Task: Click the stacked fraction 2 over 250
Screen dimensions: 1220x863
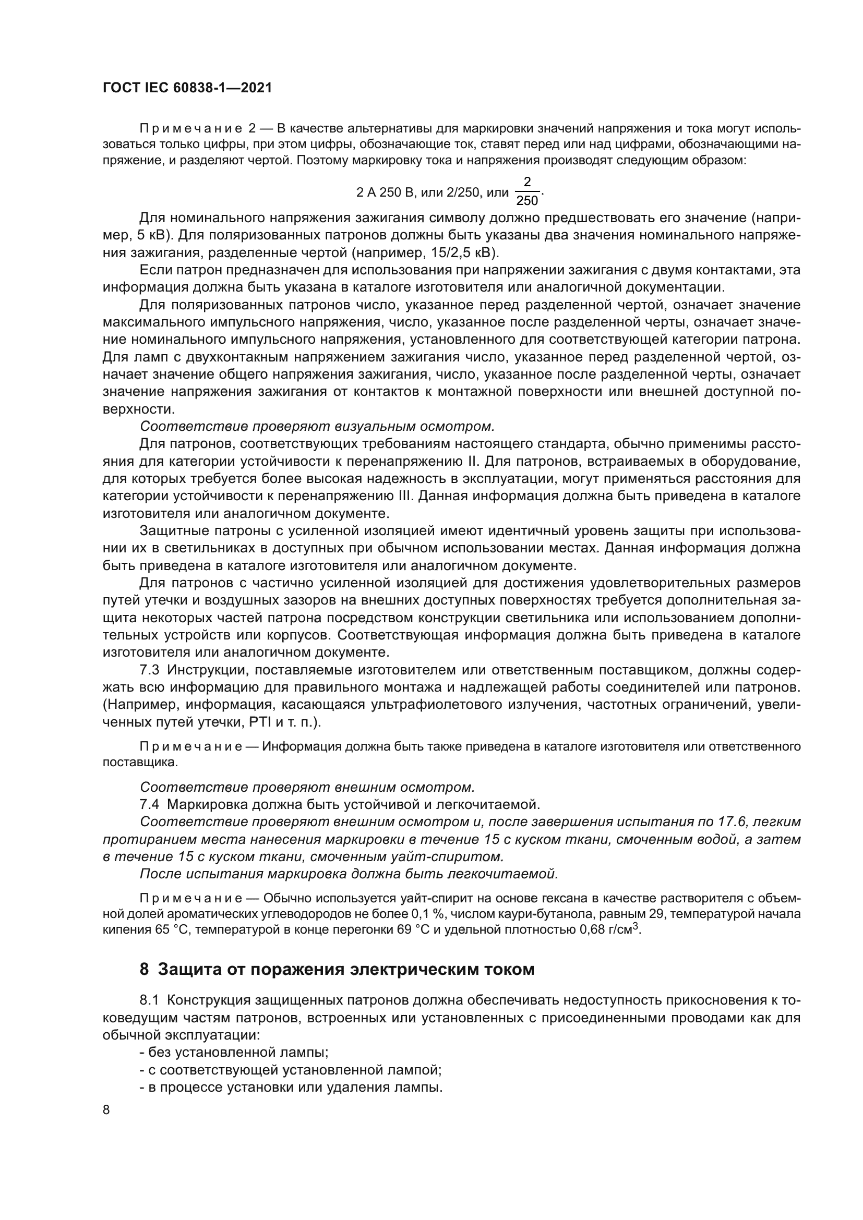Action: pyautogui.click(x=526, y=191)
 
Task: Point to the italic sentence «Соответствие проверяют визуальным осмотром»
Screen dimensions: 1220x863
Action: pyautogui.click(x=317, y=426)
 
